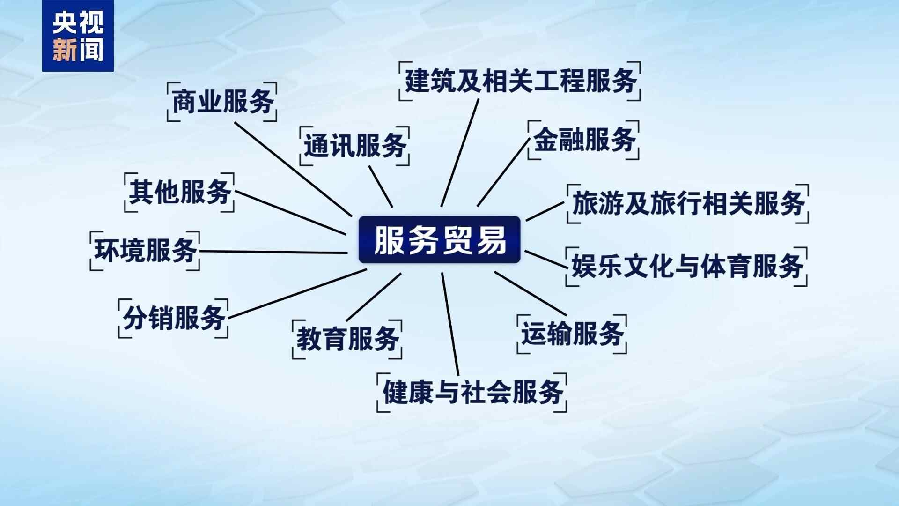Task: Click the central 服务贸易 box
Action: [x=439, y=239]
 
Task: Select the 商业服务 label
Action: [x=222, y=102]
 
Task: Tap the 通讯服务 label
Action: [x=354, y=146]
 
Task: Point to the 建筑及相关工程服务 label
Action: [x=520, y=81]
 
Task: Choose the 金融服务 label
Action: [x=583, y=140]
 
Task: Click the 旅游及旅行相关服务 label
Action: [x=688, y=203]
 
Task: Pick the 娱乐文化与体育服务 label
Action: [x=687, y=267]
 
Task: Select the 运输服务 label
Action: [x=572, y=334]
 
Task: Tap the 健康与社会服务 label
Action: [x=472, y=393]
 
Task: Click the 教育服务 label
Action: [x=347, y=339]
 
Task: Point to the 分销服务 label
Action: [x=173, y=319]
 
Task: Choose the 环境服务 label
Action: [x=145, y=251]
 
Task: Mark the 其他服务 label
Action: [x=179, y=192]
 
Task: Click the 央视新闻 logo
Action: [x=78, y=36]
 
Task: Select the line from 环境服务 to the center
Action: [x=273, y=252]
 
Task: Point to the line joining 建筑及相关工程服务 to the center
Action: [x=460, y=153]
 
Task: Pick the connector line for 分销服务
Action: [x=297, y=294]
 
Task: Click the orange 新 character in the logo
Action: [x=64, y=50]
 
